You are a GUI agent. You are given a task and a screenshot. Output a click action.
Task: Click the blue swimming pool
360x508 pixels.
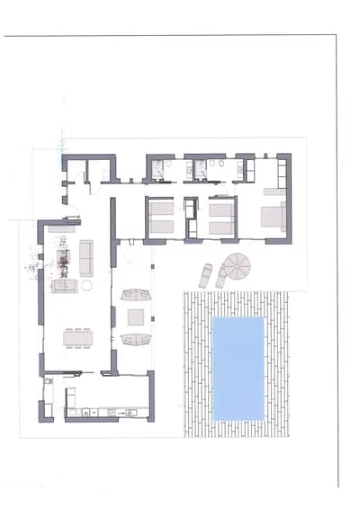click(238, 368)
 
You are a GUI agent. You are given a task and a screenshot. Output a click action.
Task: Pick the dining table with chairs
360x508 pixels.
click(77, 338)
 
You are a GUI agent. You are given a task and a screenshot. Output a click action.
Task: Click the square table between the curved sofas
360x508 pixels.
click(136, 316)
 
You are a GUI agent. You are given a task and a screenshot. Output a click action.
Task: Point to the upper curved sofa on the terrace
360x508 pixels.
click(136, 294)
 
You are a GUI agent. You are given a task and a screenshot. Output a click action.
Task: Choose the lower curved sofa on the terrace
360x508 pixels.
click(136, 339)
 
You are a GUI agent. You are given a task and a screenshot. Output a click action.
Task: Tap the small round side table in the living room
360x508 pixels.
click(87, 285)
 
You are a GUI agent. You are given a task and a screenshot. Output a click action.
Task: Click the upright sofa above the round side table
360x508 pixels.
click(87, 257)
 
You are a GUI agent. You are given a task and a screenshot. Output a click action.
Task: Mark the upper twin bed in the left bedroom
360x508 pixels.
click(161, 209)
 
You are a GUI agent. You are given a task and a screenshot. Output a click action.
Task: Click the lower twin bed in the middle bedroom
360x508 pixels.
click(221, 227)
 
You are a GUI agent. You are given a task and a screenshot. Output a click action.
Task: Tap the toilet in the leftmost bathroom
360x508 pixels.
click(157, 165)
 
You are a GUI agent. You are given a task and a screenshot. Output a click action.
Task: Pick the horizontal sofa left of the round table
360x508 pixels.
click(64, 286)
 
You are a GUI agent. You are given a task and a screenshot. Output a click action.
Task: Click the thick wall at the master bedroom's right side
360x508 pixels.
click(287, 198)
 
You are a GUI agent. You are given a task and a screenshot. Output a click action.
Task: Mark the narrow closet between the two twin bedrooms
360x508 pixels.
click(192, 218)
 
